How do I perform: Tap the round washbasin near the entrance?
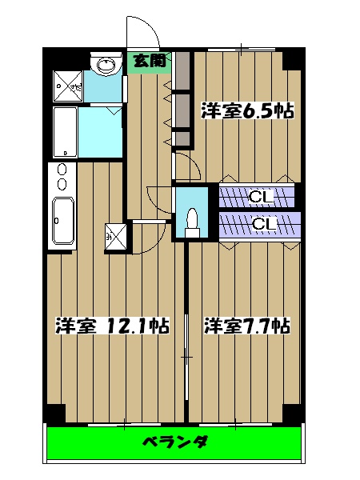click(x=102, y=64)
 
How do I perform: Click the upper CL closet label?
click(x=260, y=196)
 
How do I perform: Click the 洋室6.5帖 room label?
click(x=246, y=110)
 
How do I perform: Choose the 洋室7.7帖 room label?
click(x=246, y=326)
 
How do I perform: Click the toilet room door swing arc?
click(x=158, y=196)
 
